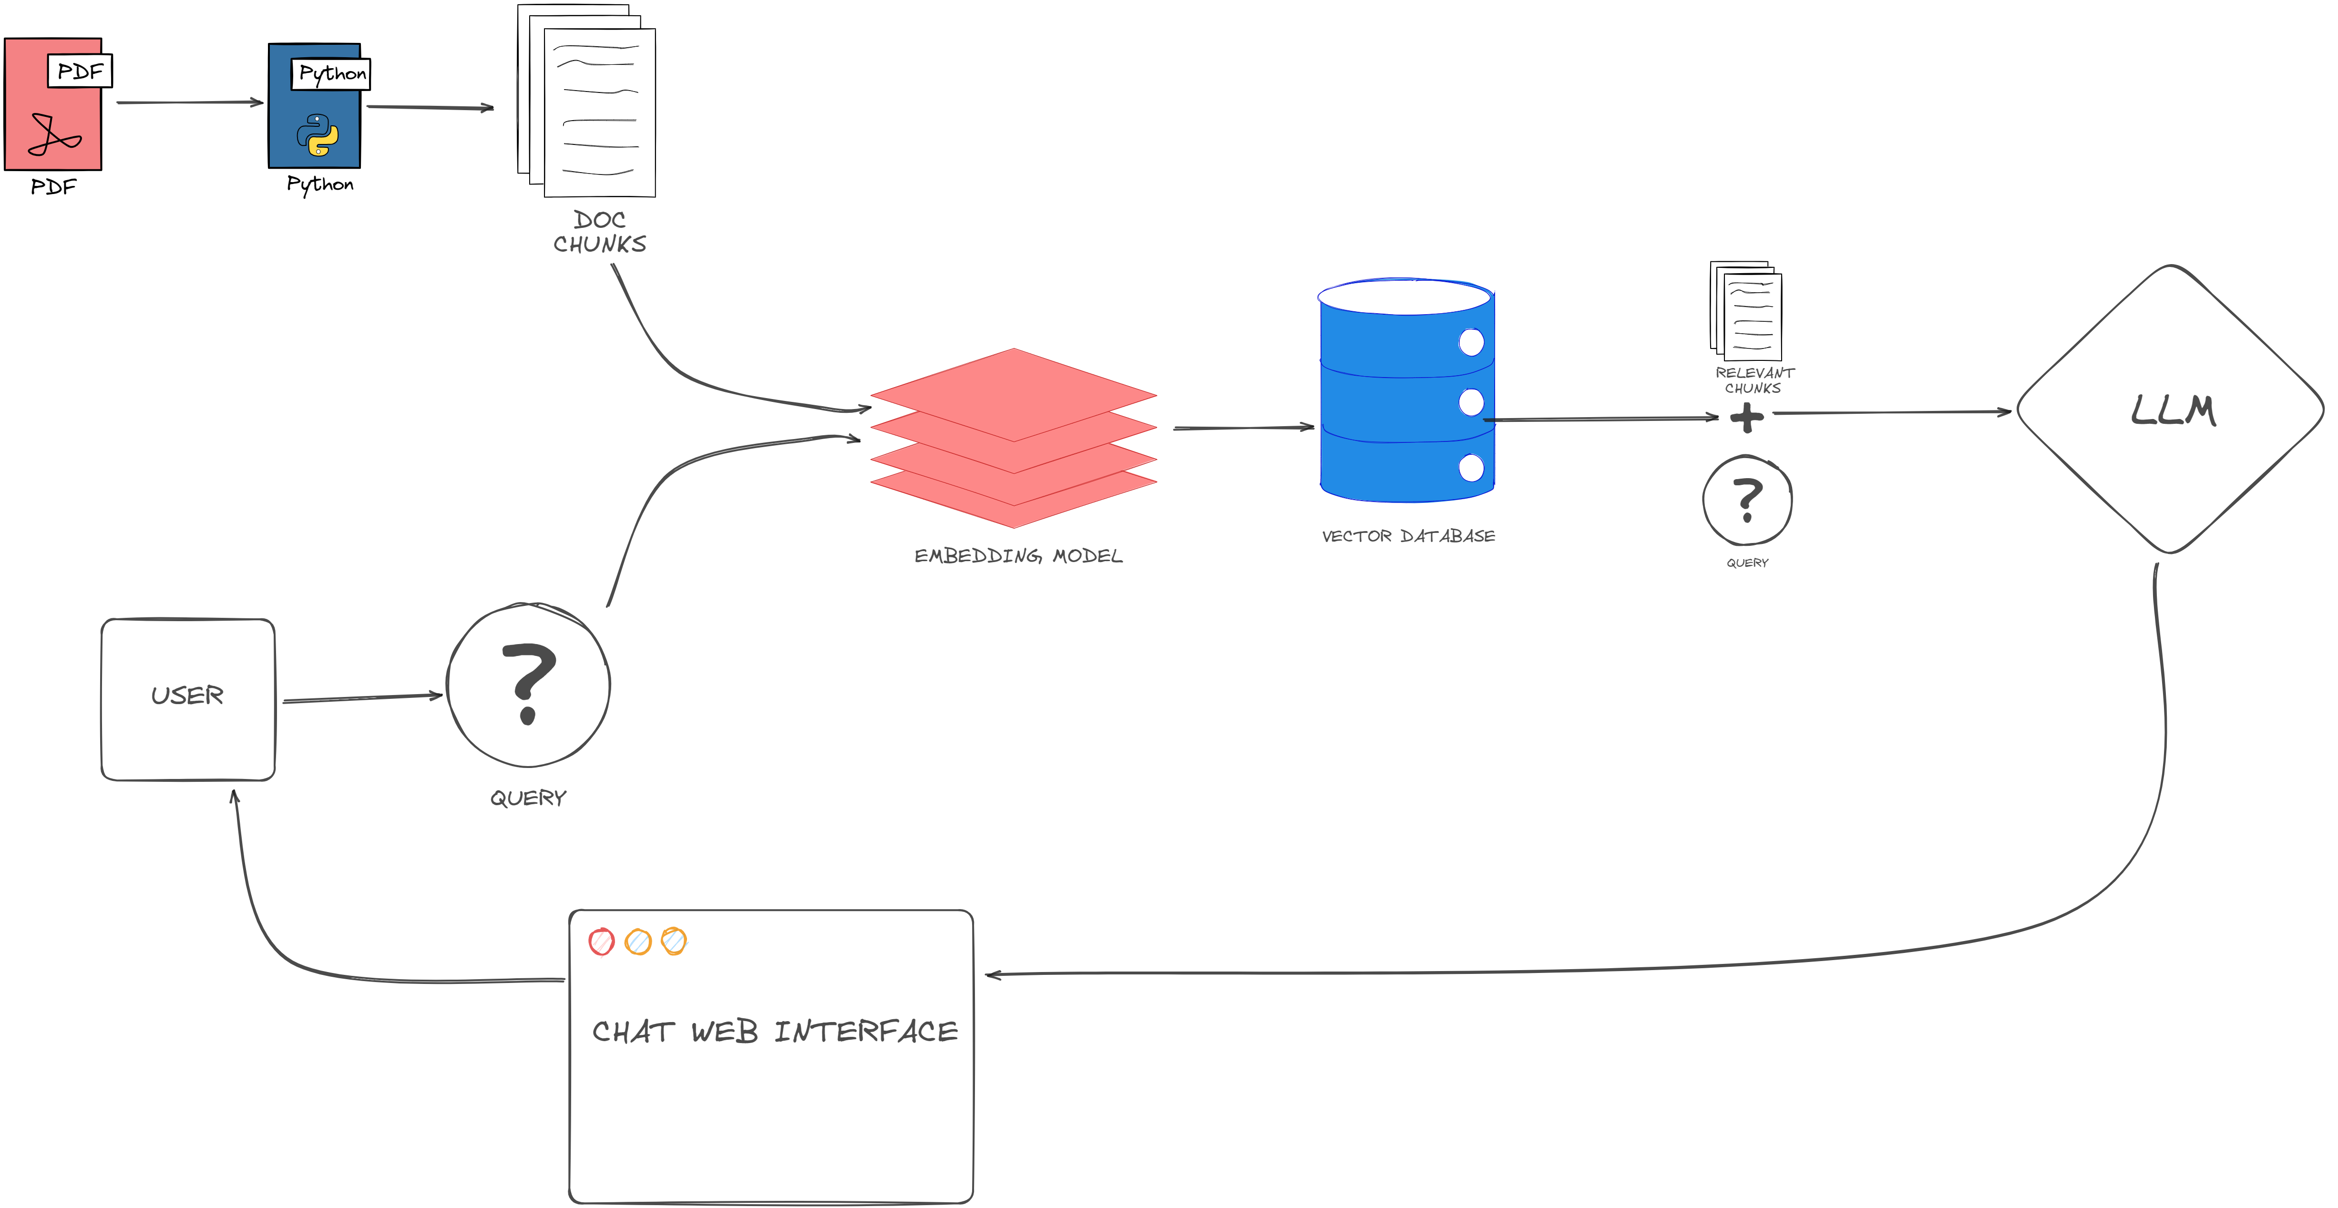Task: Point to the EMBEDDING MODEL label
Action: [1017, 555]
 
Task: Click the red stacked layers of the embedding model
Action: [1013, 436]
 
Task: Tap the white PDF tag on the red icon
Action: [80, 71]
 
